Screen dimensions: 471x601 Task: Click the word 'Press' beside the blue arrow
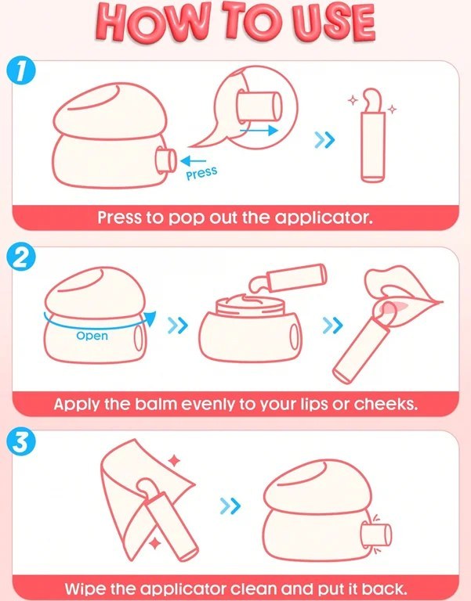tap(201, 173)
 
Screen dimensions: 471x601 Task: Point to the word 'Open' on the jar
tap(92, 336)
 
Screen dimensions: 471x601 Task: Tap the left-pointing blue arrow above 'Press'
tap(193, 160)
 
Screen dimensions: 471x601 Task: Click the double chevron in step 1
tap(324, 140)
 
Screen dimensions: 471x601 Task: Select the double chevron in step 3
tap(230, 506)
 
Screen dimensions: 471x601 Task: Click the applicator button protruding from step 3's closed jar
tap(377, 534)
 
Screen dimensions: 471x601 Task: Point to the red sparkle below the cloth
tap(155, 543)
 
